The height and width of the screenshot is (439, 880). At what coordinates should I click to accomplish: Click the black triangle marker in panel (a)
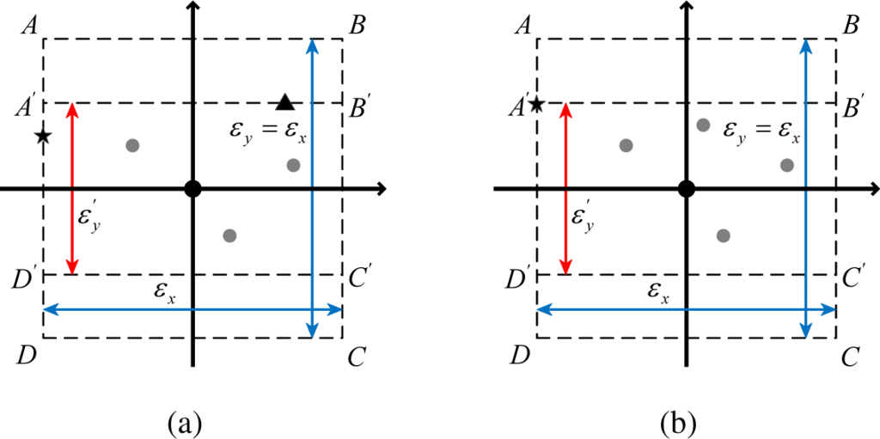[286, 102]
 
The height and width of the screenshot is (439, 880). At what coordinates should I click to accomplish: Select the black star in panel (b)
[536, 105]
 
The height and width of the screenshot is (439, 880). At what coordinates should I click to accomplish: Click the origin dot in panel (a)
[193, 188]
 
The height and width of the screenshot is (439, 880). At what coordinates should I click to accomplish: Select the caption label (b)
[678, 422]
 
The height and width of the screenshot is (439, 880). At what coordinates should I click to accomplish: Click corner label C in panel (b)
[851, 356]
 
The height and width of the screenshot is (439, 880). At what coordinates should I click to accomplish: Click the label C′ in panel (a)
[360, 277]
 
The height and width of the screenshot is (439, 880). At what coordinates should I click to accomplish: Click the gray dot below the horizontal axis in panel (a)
[229, 235]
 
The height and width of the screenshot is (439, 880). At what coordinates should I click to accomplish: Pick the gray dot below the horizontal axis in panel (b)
[723, 235]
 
